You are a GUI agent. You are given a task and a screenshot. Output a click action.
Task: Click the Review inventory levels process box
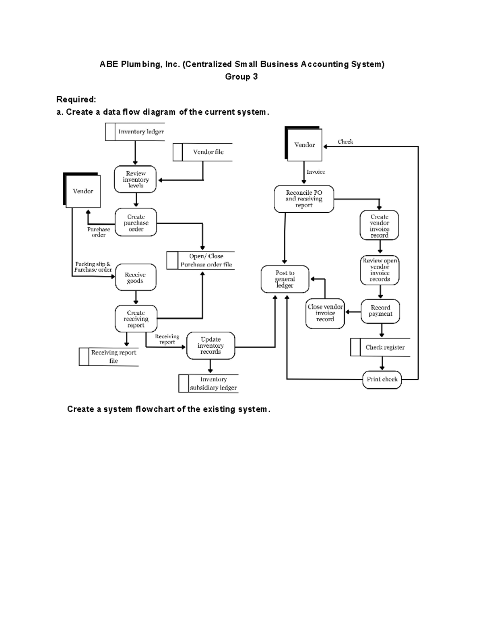135,179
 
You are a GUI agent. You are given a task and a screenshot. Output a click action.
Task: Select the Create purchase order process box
136,223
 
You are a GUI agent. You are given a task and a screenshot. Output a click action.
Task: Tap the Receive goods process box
135,278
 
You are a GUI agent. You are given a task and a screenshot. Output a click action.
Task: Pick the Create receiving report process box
136,319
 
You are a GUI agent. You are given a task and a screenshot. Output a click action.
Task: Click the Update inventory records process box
211,345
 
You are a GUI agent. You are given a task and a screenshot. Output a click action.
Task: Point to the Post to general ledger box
285,279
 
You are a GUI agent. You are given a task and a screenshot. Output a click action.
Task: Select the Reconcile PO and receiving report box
304,199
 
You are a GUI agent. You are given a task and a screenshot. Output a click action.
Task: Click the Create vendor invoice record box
379,225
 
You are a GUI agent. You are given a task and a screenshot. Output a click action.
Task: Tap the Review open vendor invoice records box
380,270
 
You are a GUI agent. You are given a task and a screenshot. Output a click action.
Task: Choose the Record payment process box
380,311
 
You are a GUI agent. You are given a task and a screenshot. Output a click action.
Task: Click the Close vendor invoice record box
325,313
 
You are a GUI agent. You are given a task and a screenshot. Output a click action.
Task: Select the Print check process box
382,379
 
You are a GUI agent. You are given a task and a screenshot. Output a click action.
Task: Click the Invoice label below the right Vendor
316,172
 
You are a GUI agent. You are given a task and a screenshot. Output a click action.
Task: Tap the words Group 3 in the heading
241,76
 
